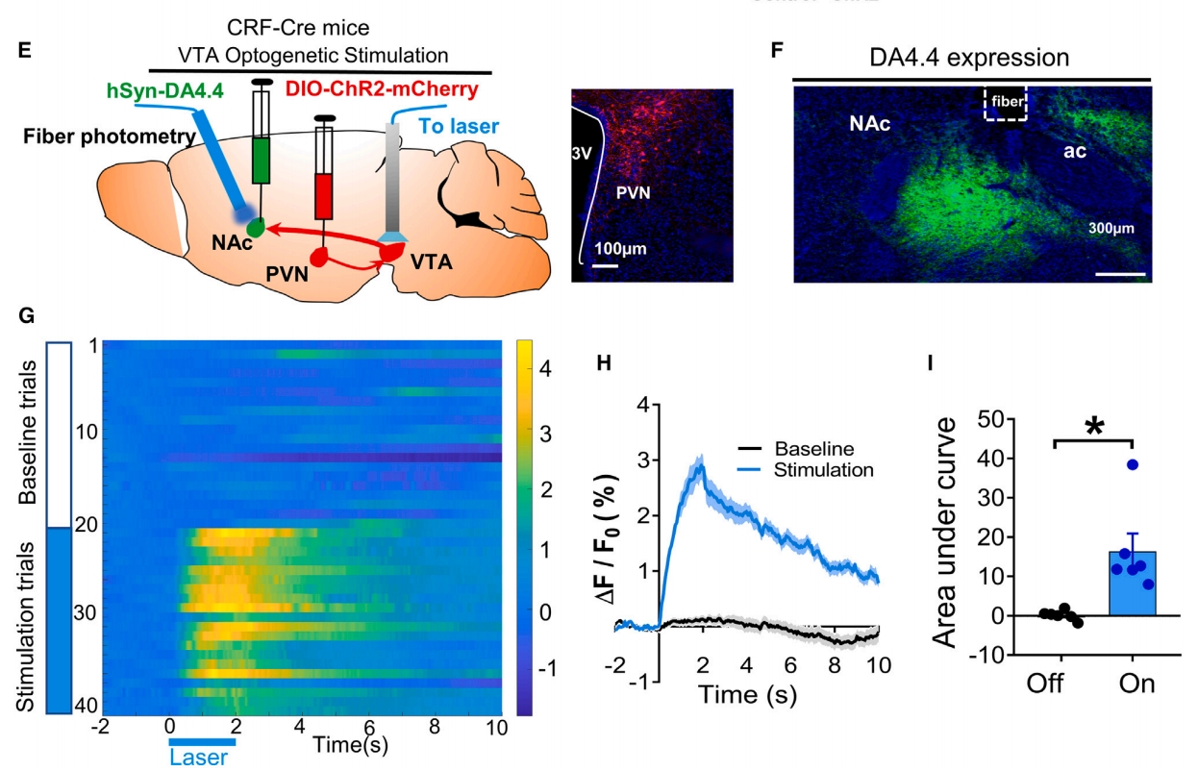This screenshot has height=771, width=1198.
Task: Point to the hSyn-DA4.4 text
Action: point(161,93)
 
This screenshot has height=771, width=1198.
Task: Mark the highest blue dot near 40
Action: point(1133,464)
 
